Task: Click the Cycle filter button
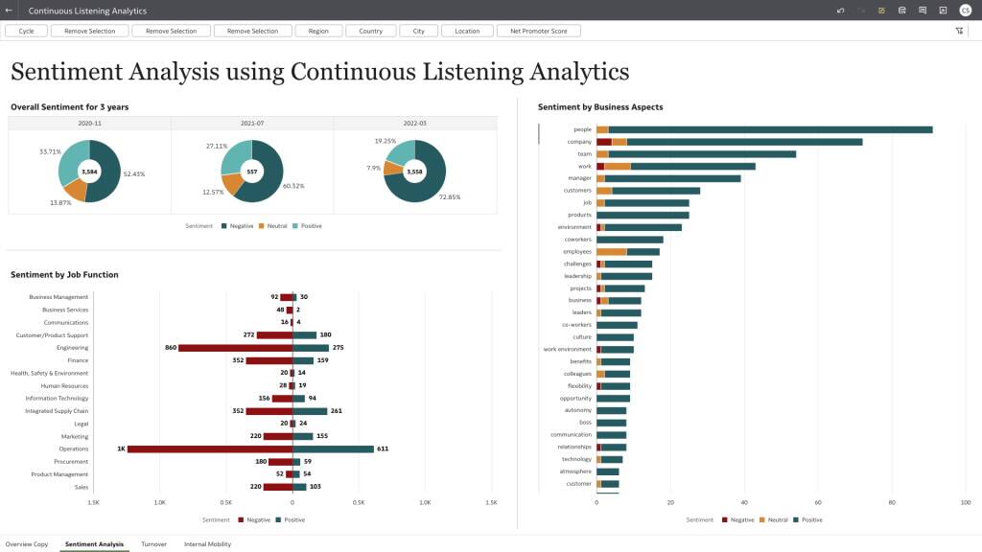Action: [26, 31]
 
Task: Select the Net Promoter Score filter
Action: [538, 31]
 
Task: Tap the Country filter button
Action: [370, 31]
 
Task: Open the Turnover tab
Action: [153, 544]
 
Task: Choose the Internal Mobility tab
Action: [207, 544]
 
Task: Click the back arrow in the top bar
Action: [9, 11]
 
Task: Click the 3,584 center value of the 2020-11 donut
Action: [89, 172]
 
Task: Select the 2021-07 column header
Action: [252, 123]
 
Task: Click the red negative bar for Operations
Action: [209, 448]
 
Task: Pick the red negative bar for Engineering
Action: [235, 348]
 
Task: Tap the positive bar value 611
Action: [382, 448]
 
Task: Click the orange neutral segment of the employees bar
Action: [611, 251]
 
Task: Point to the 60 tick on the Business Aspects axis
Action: [818, 502]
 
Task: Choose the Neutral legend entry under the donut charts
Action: [273, 226]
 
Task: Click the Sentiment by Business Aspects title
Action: [600, 107]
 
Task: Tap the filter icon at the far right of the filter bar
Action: [959, 31]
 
